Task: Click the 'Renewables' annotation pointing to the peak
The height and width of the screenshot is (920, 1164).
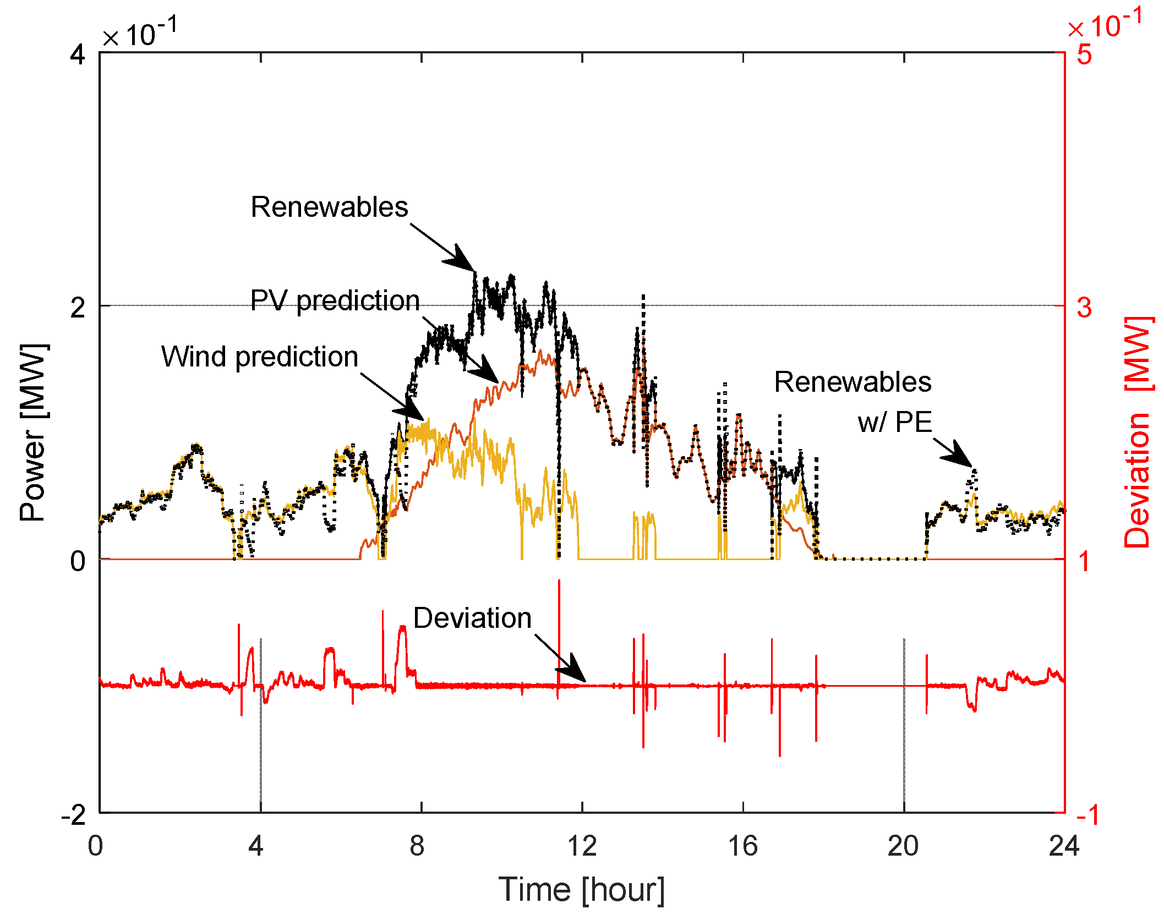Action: tap(329, 207)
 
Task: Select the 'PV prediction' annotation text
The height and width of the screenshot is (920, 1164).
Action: tap(335, 301)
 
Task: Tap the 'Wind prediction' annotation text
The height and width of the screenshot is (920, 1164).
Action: tap(259, 357)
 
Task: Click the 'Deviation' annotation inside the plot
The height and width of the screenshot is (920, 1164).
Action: tap(472, 618)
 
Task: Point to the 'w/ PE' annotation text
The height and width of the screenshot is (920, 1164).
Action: tap(894, 423)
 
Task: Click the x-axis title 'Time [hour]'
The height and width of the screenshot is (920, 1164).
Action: tap(582, 890)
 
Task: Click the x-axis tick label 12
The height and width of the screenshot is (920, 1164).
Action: tap(582, 846)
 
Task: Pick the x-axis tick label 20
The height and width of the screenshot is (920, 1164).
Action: tap(903, 846)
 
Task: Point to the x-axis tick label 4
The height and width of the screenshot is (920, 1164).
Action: tap(256, 846)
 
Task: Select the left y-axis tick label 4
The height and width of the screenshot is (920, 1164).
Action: tap(78, 55)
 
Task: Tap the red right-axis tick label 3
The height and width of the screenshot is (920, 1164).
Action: tap(1084, 308)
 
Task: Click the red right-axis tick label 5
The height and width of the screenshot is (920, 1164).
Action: tap(1084, 54)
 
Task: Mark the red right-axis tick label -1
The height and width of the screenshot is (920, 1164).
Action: tap(1088, 815)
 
